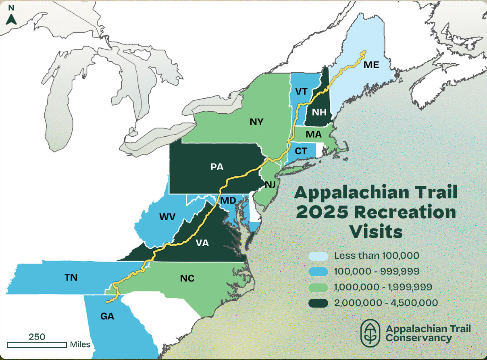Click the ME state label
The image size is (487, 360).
(371, 65)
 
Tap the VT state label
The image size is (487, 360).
(301, 92)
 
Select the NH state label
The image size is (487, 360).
(318, 112)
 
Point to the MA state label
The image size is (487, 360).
(313, 134)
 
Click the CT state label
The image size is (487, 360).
(301, 152)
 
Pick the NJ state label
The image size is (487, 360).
(270, 185)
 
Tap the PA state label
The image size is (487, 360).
(217, 166)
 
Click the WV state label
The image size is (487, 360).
(167, 217)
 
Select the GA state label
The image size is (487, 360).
(107, 316)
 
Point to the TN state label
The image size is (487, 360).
(71, 277)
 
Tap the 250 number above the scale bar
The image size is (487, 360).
(37, 336)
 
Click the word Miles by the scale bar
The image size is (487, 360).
(80, 345)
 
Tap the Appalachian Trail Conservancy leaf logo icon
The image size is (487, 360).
(370, 333)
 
